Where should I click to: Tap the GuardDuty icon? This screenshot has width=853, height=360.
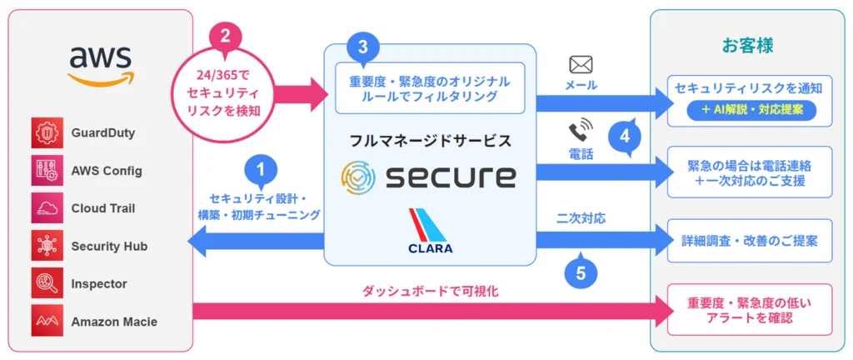point(47,133)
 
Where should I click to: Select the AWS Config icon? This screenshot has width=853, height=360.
point(47,171)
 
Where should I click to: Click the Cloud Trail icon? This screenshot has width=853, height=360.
point(47,208)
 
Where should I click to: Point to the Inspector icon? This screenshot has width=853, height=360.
point(47,284)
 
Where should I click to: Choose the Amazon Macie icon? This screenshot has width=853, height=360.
point(47,321)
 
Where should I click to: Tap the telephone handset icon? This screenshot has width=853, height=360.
point(580,129)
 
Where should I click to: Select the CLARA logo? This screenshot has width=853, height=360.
point(430,231)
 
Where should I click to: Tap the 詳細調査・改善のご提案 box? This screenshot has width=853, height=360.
point(751,240)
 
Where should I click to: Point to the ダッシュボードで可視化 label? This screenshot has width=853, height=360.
point(430,292)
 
